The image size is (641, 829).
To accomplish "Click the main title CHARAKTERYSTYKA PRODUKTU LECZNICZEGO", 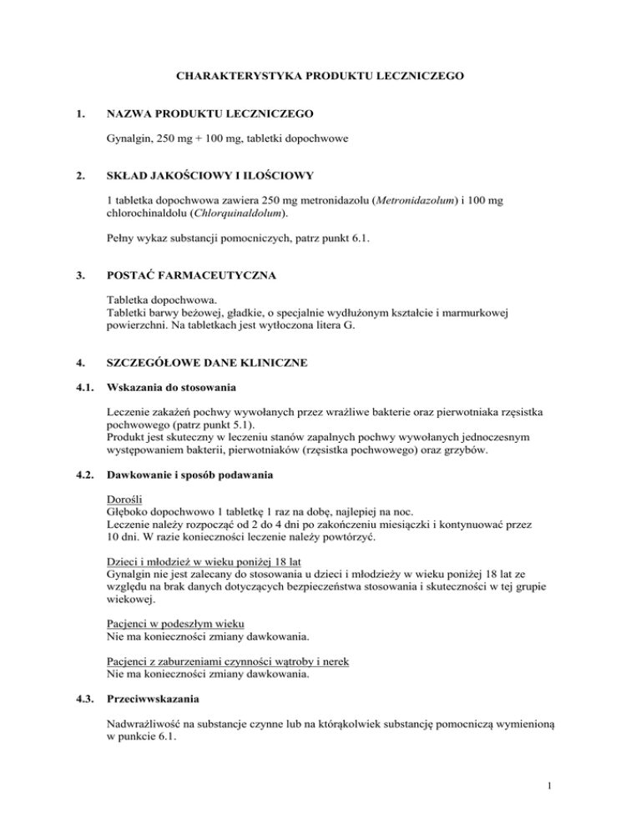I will click(x=320, y=76).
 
